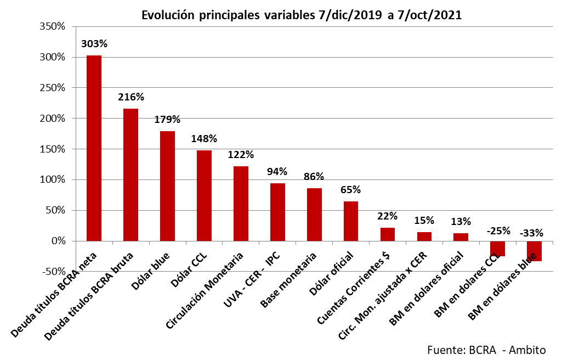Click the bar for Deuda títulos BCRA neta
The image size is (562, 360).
pyautogui.click(x=94, y=148)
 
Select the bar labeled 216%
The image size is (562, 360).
pyautogui.click(x=130, y=175)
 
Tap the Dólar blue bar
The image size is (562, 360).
pyautogui.click(x=167, y=186)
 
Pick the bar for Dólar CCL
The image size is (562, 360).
pyautogui.click(x=204, y=195)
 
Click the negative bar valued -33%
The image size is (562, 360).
pyautogui.click(x=535, y=251)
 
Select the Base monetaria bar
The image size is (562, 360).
pyautogui.click(x=314, y=215)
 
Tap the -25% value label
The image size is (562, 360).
pyautogui.click(x=498, y=230)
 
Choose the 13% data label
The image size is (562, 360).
pyautogui.click(x=461, y=222)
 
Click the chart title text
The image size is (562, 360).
pyautogui.click(x=302, y=15)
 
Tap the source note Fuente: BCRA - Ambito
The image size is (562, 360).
pyautogui.click(x=486, y=350)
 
